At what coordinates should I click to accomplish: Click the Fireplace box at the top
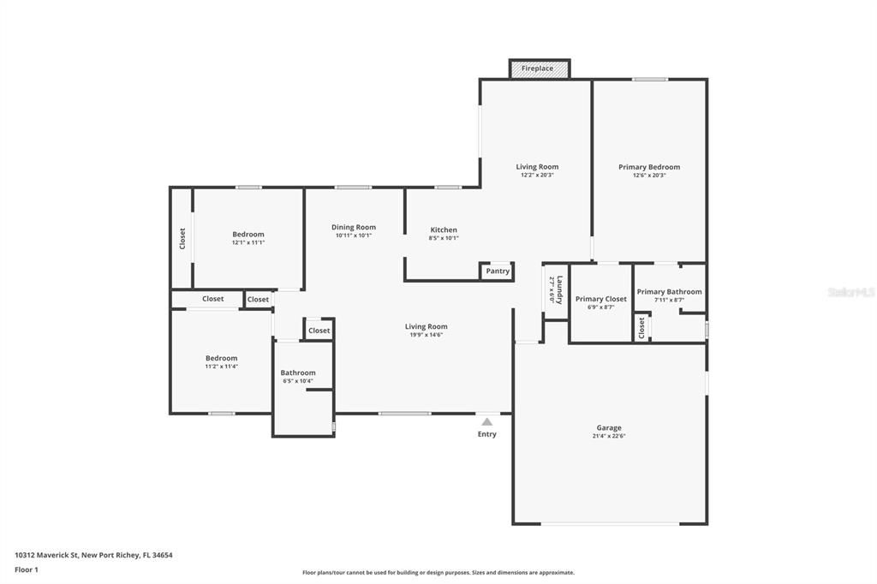[x=538, y=69]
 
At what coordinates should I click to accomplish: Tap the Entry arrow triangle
[x=486, y=421]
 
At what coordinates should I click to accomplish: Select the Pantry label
[x=498, y=271]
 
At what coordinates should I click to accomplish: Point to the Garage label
[x=609, y=427]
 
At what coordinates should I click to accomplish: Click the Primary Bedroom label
[x=649, y=167]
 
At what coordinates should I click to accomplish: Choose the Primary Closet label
[x=600, y=299]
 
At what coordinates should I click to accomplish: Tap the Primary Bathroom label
[x=669, y=291]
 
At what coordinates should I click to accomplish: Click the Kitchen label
[x=444, y=229]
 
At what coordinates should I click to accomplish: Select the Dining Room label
[x=354, y=227]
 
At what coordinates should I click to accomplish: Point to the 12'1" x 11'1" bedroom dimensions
[x=248, y=242]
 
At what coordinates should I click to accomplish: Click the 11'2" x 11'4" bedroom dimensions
[x=221, y=366]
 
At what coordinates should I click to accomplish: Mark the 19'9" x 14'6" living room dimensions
[x=426, y=335]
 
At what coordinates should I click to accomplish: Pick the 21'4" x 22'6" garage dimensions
[x=609, y=436]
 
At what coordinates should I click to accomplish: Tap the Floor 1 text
[x=27, y=569]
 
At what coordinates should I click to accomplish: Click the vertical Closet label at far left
[x=182, y=238]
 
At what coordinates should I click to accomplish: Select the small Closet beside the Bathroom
[x=319, y=331]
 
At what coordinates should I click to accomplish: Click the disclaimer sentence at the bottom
[x=438, y=573]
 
